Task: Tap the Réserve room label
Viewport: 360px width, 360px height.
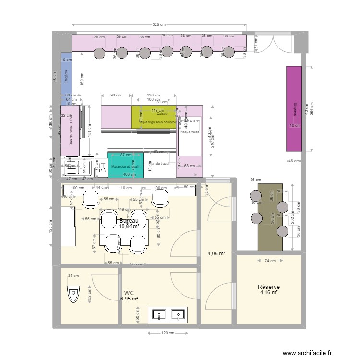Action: (268, 287)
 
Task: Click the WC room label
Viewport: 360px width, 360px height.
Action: (129, 293)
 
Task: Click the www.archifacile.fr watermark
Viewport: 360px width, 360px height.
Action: (307, 353)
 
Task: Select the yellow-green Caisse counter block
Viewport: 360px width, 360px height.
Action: (154, 117)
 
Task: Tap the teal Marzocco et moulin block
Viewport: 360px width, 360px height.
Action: (125, 165)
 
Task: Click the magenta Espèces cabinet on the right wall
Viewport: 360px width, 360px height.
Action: (294, 109)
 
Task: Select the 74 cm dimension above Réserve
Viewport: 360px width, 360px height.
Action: (270, 261)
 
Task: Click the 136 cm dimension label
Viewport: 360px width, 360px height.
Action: (154, 95)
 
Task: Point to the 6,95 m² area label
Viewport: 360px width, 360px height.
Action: (129, 299)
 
